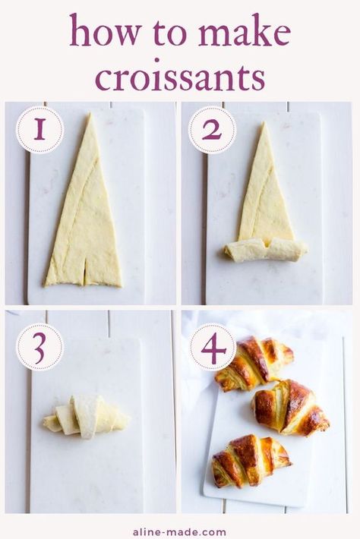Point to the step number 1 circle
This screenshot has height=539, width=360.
coord(40,129)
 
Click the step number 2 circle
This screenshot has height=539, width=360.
coord(212,130)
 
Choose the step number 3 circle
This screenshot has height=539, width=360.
coord(40,347)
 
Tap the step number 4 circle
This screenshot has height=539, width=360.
coord(213,347)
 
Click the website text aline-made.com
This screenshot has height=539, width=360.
coord(179,531)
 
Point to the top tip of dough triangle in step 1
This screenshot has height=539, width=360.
coord(90,114)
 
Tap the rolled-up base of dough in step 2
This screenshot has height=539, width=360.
coord(266,249)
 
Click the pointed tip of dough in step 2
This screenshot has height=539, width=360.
coord(264,123)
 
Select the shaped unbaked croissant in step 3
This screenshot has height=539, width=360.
coord(86,417)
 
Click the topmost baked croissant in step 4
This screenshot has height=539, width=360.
coord(254,364)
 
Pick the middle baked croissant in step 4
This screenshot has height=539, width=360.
coord(290,407)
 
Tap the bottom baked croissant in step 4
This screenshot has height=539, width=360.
coord(251,461)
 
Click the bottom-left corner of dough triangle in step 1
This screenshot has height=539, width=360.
coord(44,286)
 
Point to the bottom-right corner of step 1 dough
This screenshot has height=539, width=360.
coord(122,286)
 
